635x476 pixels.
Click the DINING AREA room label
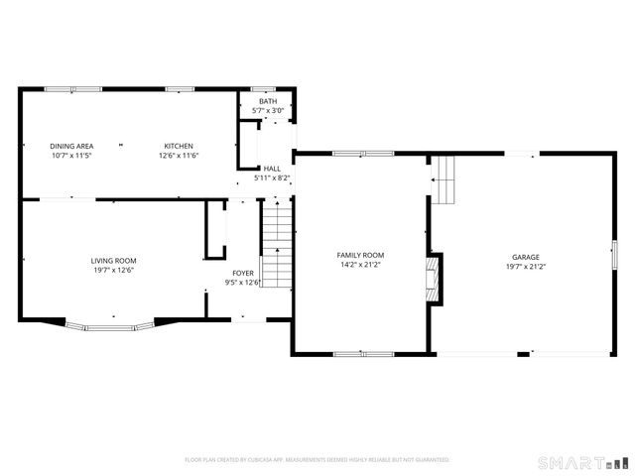point(70,146)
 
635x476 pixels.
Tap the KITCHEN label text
point(179,146)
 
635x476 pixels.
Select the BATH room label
point(268,101)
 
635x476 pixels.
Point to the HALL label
point(271,169)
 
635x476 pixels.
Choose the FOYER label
point(243,273)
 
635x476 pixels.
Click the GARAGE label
point(526,256)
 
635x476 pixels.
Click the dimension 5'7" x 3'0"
point(268,110)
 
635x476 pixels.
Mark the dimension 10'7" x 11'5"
point(70,156)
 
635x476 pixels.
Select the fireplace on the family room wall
point(432,279)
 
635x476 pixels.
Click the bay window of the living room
point(110,325)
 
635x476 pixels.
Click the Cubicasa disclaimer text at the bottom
point(317,460)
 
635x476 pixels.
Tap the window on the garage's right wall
point(614,256)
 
